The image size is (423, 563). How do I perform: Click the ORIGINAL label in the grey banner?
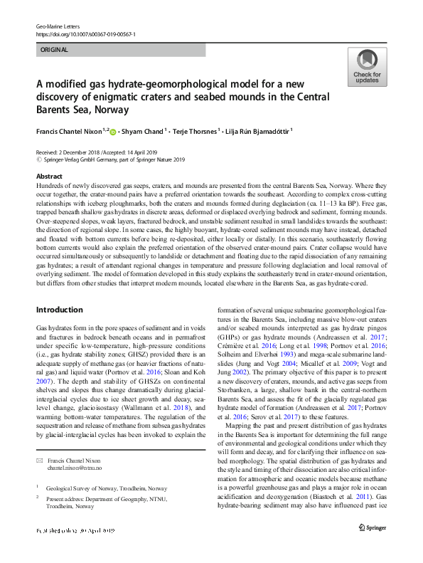54,51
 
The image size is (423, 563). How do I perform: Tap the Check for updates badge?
366,68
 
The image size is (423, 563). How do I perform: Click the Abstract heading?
49,176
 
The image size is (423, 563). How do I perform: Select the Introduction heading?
60,310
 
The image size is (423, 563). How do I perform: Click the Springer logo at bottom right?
373,546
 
